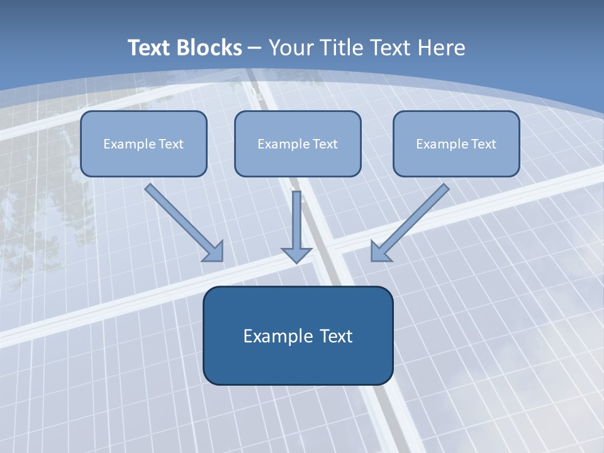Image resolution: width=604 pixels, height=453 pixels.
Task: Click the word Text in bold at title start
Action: click(151, 48)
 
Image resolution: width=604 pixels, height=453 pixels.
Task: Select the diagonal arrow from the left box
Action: click(179, 218)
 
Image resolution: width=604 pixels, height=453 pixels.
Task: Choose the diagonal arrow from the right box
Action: click(415, 218)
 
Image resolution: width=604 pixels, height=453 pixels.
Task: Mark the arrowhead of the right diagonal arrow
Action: click(379, 252)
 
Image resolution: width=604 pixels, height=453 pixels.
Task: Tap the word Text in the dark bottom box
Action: click(337, 336)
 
